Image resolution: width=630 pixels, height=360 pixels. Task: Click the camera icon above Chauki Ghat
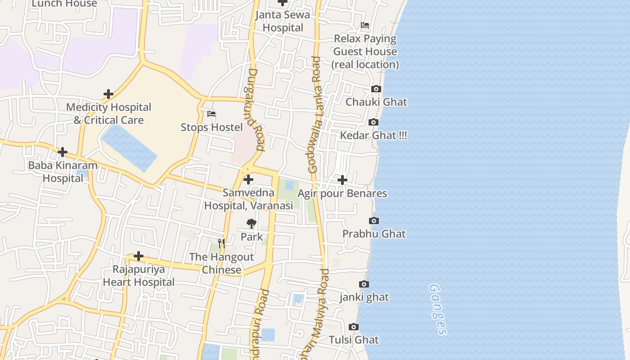376,89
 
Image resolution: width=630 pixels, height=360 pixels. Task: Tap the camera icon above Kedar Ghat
373,122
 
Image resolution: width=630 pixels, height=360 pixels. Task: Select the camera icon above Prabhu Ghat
373,221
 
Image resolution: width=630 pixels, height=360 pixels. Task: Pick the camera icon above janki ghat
364,284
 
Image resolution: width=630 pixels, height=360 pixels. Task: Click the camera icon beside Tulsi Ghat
354,327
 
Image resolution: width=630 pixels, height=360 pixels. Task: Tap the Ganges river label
438,309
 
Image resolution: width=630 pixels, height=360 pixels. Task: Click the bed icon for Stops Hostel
211,114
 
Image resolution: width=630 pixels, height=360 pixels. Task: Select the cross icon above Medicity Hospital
108,94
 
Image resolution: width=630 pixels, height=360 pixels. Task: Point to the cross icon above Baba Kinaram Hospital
63,152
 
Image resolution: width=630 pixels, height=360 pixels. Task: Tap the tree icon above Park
251,223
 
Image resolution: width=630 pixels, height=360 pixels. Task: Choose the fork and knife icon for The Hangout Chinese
221,243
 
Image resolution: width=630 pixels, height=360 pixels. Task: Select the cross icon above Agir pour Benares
342,180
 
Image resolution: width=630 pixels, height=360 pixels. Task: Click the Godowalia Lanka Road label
316,115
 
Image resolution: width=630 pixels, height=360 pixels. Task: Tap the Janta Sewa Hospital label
283,21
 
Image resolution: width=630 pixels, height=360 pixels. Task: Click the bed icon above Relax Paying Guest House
365,25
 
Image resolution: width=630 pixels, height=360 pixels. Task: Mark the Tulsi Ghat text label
354,340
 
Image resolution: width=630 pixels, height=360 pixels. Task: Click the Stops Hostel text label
211,127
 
